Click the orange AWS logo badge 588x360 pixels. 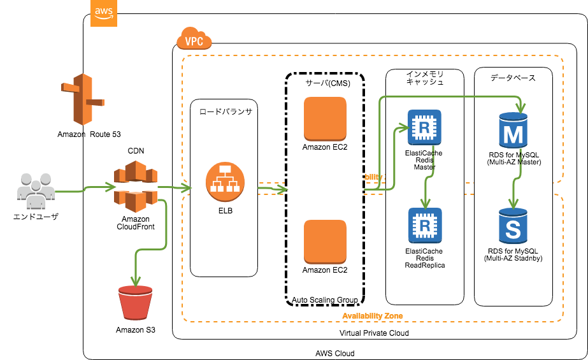[x=104, y=13]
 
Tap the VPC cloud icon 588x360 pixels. [x=193, y=40]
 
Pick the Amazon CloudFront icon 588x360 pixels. [x=135, y=186]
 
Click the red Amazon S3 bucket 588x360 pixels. [x=135, y=305]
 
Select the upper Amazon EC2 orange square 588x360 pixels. [x=325, y=119]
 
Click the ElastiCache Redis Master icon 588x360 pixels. [x=424, y=127]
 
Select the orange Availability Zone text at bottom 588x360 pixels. [x=372, y=315]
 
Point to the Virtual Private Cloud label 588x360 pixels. [x=374, y=333]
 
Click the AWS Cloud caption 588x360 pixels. [x=334, y=353]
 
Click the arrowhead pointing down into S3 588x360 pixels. [x=134, y=281]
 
